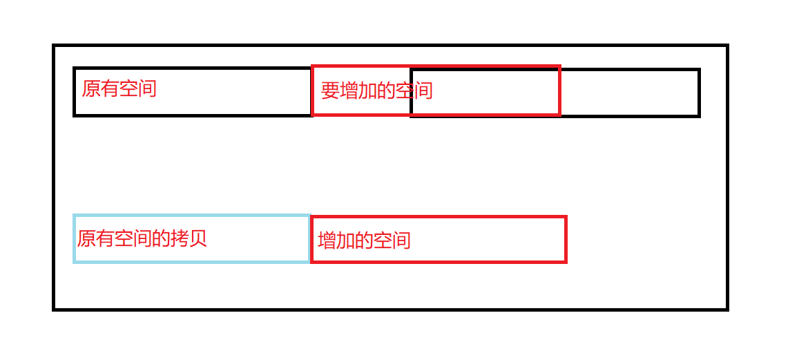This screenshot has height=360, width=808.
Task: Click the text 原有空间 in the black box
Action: (x=119, y=88)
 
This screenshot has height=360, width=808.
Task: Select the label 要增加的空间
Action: (x=376, y=91)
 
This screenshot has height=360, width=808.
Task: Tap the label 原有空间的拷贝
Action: (x=142, y=239)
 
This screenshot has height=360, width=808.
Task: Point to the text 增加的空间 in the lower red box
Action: (x=364, y=240)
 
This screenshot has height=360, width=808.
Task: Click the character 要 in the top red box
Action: (x=330, y=91)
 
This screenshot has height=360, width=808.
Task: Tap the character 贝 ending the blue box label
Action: (x=198, y=239)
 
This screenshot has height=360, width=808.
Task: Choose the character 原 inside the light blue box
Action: (x=86, y=239)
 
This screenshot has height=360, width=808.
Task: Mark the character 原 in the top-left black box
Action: (x=91, y=88)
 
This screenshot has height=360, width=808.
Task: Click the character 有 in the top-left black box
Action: (x=110, y=88)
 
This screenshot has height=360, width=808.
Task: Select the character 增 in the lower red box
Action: (x=327, y=240)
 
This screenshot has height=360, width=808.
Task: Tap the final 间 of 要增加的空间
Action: (x=423, y=91)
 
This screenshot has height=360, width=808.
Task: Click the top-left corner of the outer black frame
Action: (x=54, y=46)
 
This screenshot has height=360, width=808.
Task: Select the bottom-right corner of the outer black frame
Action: (x=727, y=309)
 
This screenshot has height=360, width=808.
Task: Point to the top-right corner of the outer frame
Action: (x=727, y=46)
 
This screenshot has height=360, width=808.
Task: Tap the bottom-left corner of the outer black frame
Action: (x=54, y=309)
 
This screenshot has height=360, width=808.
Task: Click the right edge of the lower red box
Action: (x=566, y=239)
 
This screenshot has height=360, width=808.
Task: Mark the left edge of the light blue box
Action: (x=74, y=239)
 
